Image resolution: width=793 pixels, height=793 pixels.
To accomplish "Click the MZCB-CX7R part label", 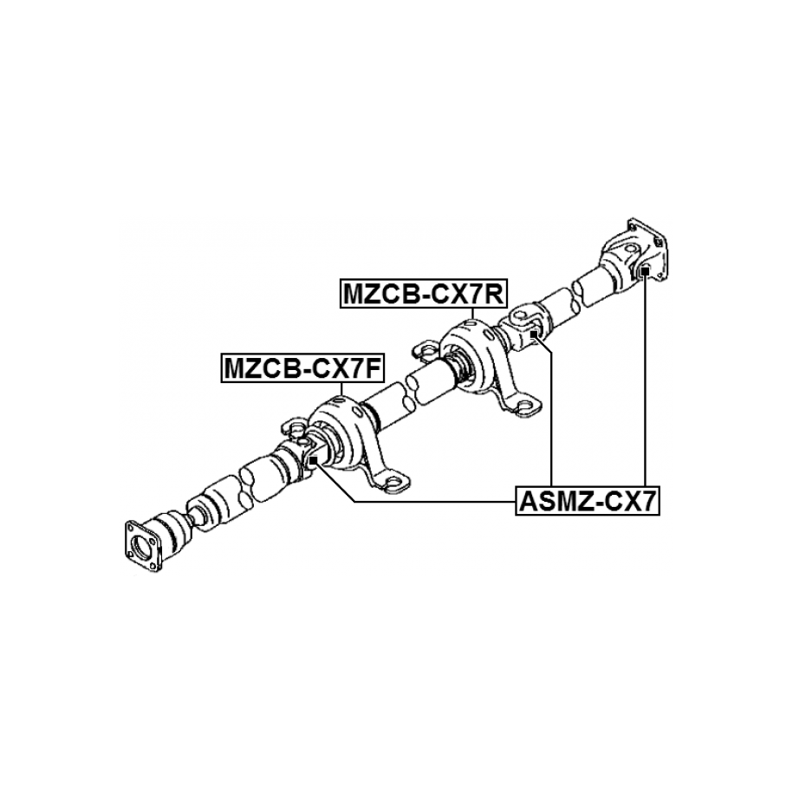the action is (423, 293).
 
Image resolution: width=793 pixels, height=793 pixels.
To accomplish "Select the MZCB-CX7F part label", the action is (302, 367).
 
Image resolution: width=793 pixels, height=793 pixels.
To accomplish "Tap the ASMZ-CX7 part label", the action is (588, 501).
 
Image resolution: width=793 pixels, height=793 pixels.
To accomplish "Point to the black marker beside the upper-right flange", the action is (645, 272).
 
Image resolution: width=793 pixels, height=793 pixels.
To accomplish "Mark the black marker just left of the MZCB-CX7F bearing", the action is (313, 459).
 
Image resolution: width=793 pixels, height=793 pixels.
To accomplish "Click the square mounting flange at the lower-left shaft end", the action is (142, 546).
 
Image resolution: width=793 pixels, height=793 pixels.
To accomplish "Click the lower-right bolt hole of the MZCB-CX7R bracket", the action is (525, 405).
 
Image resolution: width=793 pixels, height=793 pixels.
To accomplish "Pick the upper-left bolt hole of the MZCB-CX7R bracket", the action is (426, 349).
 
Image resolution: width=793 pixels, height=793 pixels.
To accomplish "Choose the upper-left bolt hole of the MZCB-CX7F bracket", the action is (295, 429).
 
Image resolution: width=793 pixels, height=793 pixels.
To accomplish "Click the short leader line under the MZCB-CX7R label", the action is (473, 314).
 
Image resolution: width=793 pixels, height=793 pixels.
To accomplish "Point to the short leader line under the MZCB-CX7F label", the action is (341, 388).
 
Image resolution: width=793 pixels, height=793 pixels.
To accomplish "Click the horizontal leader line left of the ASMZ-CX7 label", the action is (435, 501).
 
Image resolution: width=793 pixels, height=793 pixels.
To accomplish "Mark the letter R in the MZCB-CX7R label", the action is (495, 294).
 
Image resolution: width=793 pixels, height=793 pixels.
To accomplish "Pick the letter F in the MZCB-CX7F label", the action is (374, 368).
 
